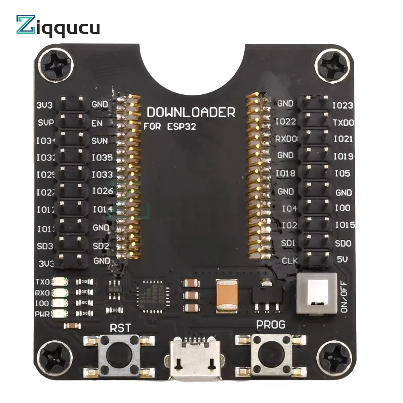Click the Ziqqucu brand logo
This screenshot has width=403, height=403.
click(x=58, y=26)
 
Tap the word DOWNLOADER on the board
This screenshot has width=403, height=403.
click(x=191, y=112)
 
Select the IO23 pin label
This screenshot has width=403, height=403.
click(x=343, y=106)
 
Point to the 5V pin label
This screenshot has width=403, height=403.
click(x=341, y=261)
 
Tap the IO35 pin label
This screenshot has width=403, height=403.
click(x=102, y=158)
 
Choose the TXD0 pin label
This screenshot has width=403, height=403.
click(x=343, y=122)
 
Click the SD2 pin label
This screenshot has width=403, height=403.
click(x=101, y=245)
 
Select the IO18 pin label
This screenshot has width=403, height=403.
click(x=285, y=173)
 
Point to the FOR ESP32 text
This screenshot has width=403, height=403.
click(x=170, y=126)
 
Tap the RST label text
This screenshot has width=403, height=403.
click(x=120, y=328)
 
